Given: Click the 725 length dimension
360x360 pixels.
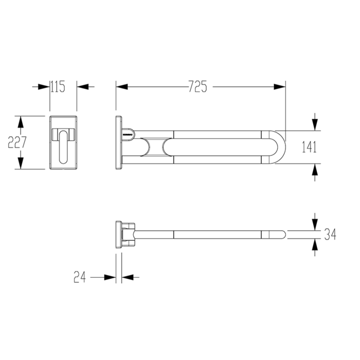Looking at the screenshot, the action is [x=197, y=86].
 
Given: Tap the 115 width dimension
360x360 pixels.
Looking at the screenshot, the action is [x=58, y=86].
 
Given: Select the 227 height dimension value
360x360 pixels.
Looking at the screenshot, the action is [x=17, y=142].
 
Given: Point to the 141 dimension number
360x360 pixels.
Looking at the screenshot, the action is [x=309, y=147].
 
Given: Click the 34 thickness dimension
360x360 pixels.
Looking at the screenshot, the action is [x=330, y=235].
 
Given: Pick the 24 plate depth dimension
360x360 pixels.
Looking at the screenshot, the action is [x=80, y=277].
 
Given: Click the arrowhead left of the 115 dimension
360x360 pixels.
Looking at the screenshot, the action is [x=44, y=86].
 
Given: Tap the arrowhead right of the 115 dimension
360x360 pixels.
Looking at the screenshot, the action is [x=83, y=86].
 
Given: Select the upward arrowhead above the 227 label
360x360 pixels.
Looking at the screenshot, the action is [x=21, y=122].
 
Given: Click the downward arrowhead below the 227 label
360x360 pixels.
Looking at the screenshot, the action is [x=21, y=163].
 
